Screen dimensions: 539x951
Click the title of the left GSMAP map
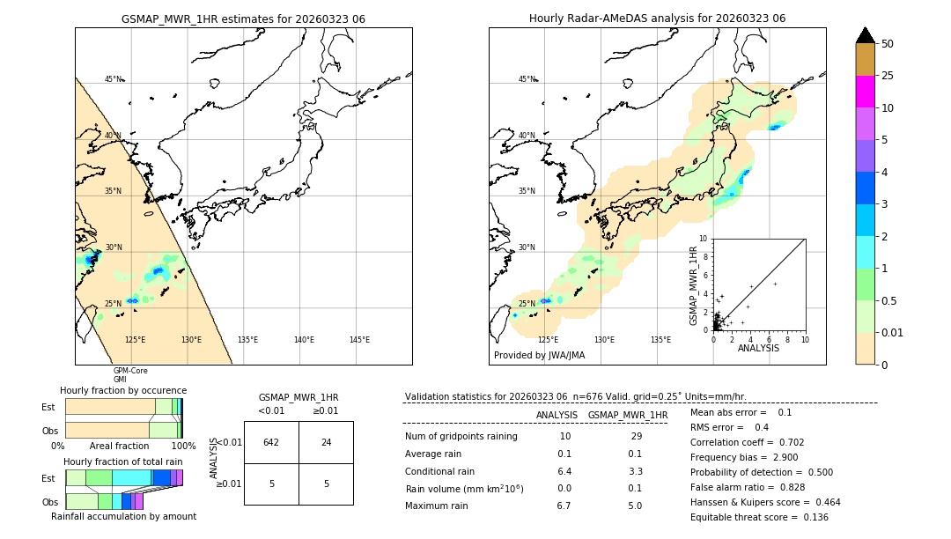pos(243,18)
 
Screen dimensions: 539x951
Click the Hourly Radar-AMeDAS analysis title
pos(657,18)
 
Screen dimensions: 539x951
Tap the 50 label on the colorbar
pos(888,44)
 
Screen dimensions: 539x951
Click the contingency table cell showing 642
pos(271,442)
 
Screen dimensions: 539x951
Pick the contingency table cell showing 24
pos(326,442)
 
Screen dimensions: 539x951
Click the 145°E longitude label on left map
pos(359,340)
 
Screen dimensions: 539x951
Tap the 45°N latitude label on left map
pos(113,79)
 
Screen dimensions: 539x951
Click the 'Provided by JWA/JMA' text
pos(539,356)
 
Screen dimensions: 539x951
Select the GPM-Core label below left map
pos(130,371)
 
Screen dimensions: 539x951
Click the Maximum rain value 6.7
pos(564,506)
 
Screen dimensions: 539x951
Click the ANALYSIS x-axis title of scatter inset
pos(758,348)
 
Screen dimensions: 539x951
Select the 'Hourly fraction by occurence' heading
pos(123,390)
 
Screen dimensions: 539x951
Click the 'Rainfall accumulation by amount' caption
pos(123,516)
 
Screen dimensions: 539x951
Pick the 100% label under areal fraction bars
pos(183,446)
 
